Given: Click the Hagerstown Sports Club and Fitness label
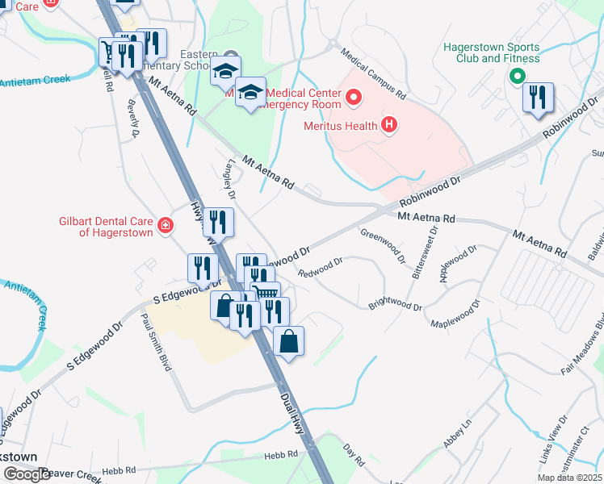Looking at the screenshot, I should point(491,52).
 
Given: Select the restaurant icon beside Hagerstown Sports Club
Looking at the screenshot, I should point(537,98).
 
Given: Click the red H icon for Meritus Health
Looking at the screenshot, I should point(389,125).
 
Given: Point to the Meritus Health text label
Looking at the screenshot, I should point(340,126).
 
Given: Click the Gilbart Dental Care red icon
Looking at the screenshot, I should point(166,225).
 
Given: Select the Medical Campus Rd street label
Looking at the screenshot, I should point(372,73).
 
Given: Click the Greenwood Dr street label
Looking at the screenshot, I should point(382,245).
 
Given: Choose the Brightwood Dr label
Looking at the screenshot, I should point(396,307).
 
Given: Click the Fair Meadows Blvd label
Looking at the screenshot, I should point(582,348).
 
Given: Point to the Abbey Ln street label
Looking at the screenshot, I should point(456,434).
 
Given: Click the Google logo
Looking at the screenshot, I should point(27,475).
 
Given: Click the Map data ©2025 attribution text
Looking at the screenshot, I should point(569,478).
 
